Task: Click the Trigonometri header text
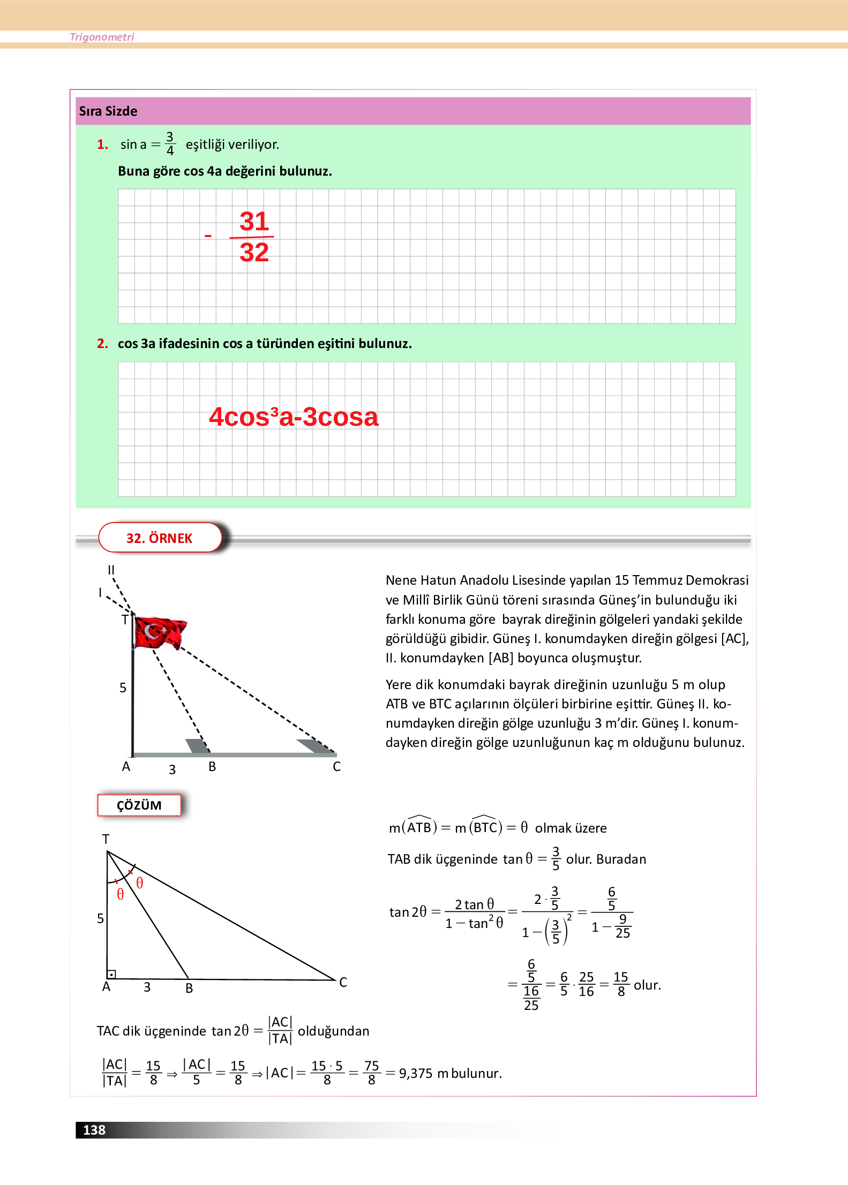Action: pos(102,37)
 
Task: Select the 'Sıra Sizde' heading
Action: pos(108,111)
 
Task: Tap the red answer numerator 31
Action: pos(254,222)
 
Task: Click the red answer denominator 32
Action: pos(254,253)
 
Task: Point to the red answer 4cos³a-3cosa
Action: pos(294,417)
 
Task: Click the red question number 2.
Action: pos(102,344)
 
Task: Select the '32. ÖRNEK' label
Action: pos(160,538)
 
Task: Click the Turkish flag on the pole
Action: pos(160,632)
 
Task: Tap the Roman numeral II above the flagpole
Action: pos(111,570)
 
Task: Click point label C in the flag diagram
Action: pos(336,767)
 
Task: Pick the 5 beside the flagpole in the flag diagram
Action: pos(123,688)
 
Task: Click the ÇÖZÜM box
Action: pos(139,805)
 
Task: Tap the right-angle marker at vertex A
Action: pos(112,975)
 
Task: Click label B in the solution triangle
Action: pos(189,988)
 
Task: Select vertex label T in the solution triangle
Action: pos(106,839)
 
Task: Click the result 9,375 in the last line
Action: pos(415,1074)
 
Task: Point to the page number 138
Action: pos(94,1130)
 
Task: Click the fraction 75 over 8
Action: pos(371,1073)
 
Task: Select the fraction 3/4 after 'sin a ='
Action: pos(170,144)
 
